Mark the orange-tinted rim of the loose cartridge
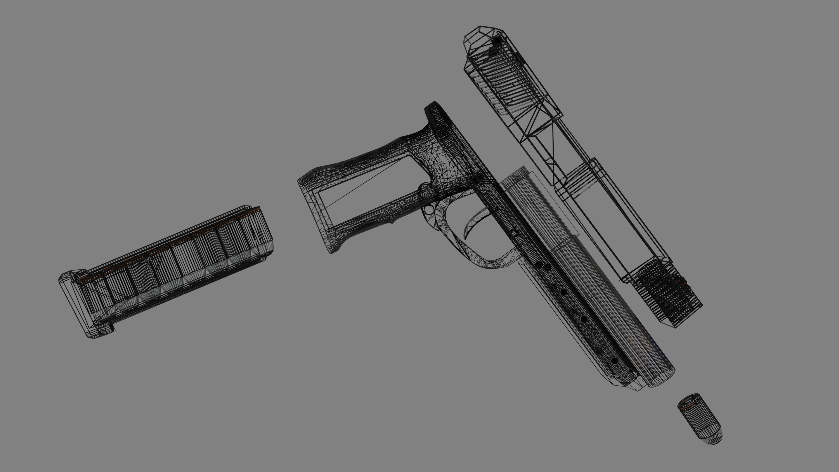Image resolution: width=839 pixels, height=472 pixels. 688,401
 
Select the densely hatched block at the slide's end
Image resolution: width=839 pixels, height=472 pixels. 664,293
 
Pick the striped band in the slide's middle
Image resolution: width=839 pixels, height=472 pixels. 583,179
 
